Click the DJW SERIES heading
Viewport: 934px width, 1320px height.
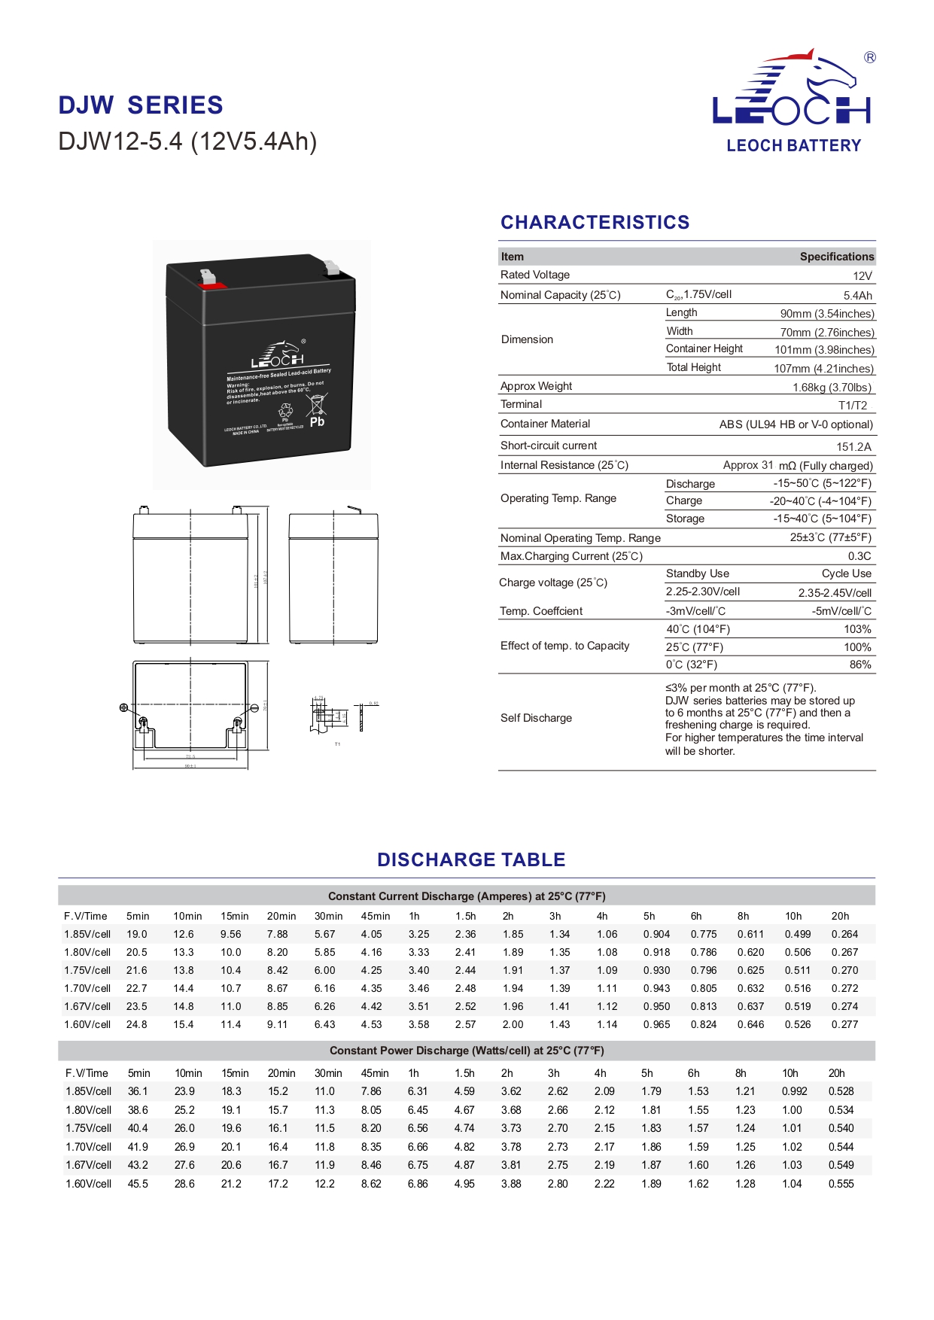pyautogui.click(x=141, y=105)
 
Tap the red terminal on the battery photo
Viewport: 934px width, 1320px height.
pyautogui.click(x=211, y=285)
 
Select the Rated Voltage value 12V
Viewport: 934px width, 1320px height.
pyautogui.click(x=863, y=276)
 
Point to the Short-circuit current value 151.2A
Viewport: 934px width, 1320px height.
pyautogui.click(x=853, y=447)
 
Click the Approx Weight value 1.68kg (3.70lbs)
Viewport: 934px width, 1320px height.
pyautogui.click(x=832, y=388)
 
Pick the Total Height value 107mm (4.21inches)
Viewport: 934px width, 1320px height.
pyautogui.click(x=823, y=369)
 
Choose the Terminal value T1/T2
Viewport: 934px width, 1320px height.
pyautogui.click(x=853, y=406)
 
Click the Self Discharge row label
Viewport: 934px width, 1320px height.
pyautogui.click(x=536, y=718)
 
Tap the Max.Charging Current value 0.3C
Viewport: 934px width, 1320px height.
pyautogui.click(x=859, y=556)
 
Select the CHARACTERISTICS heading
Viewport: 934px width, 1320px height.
pyautogui.click(x=595, y=223)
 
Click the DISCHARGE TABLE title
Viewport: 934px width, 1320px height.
pyautogui.click(x=471, y=860)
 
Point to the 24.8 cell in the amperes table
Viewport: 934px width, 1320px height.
pyautogui.click(x=137, y=1024)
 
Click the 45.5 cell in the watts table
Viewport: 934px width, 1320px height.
pyautogui.click(x=138, y=1184)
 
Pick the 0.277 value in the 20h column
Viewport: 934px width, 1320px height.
pyautogui.click(x=844, y=1024)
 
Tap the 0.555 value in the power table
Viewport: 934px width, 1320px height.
pyautogui.click(x=841, y=1184)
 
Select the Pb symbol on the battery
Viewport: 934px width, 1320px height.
pyautogui.click(x=317, y=422)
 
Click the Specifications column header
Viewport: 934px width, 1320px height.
pyautogui.click(x=836, y=257)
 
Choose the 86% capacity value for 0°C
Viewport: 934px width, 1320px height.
pyautogui.click(x=859, y=665)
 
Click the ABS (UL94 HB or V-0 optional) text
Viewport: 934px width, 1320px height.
pyautogui.click(x=796, y=424)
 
